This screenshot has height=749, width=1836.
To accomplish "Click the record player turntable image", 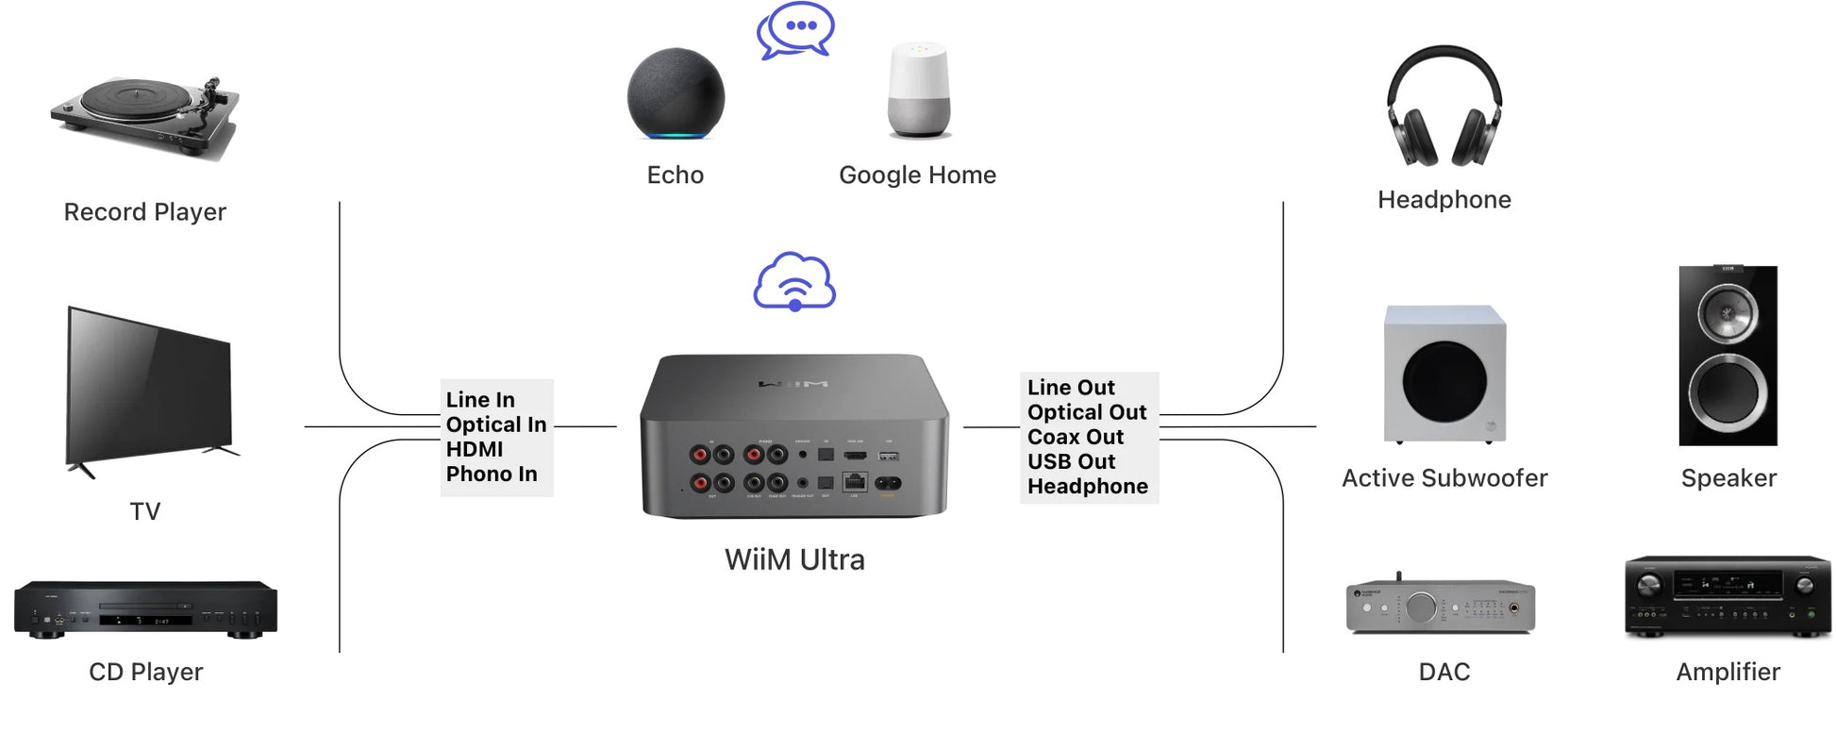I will pos(143,115).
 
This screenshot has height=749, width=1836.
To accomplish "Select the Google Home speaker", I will pos(919,91).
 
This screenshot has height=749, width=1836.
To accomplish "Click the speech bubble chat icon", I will pos(796,30).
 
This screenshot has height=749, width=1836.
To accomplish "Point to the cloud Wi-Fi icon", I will pos(794,282).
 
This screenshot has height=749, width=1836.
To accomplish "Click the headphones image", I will pos(1444,106).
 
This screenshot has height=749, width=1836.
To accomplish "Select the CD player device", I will pos(145,609).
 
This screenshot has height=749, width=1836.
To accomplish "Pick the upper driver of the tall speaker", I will pos(1728,313).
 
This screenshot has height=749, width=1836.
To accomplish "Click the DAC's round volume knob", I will pos(1421,608).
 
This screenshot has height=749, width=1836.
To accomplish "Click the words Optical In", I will pos(496,424).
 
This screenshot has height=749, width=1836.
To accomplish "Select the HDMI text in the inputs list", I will pos(475,449).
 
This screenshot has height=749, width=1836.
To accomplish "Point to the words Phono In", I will pos(492,474).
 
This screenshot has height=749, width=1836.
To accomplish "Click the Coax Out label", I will pos(1076,437).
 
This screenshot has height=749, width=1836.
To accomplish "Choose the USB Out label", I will pos(1072,461).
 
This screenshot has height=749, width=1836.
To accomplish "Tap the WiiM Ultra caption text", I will pos(794,559).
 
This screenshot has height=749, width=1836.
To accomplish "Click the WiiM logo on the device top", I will pos(793,384).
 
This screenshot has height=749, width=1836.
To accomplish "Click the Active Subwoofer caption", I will pos(1444,478).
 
